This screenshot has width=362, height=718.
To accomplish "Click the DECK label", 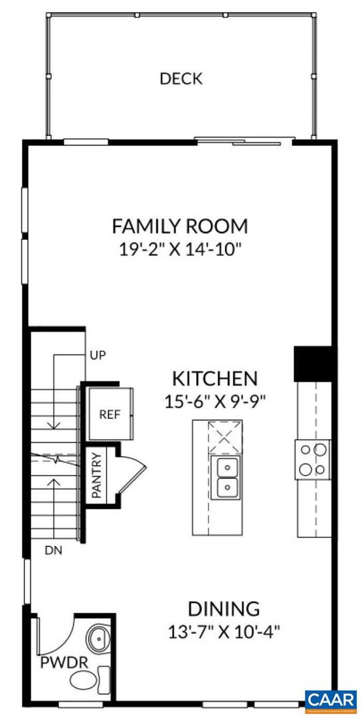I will tap(181, 79).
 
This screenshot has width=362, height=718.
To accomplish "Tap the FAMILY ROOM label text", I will tap(179, 226).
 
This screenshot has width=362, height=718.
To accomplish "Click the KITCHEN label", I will tap(215, 379).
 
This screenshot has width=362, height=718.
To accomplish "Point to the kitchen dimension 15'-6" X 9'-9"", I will tap(215, 402).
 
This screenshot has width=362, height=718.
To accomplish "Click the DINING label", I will tap(223, 608).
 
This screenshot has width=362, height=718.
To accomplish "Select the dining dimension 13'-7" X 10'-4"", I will tap(223, 631).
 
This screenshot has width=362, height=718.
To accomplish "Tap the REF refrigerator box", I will tap(110, 414).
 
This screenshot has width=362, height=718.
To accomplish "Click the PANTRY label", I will tap(96, 475).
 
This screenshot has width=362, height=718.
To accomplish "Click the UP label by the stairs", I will tap(98, 354).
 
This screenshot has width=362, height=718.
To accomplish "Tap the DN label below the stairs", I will tap(52, 550).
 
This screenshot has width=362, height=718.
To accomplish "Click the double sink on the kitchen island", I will tap(226, 477).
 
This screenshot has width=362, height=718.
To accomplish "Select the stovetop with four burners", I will tap(313, 459).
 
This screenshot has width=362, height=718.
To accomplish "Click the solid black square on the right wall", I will tap(314, 364).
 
